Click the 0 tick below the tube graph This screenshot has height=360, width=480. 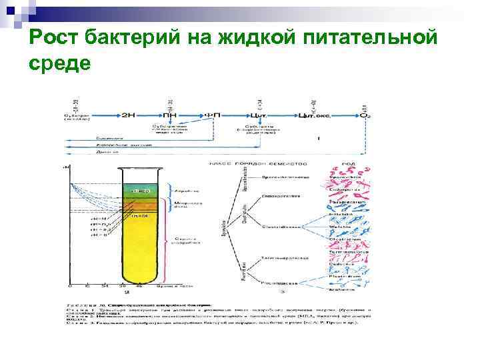point(70,287)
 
